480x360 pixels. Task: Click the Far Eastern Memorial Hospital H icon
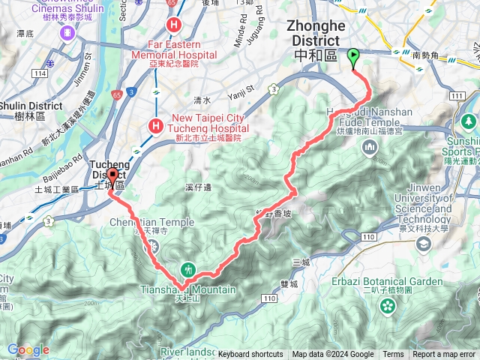(174, 25)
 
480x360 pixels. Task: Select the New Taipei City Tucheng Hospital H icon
(156, 125)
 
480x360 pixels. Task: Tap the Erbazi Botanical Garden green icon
(387, 305)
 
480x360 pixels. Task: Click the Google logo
(28, 349)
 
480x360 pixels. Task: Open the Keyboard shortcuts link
(250, 355)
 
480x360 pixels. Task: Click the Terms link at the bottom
(393, 355)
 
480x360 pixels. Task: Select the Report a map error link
(445, 355)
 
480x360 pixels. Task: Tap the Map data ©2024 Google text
(333, 355)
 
